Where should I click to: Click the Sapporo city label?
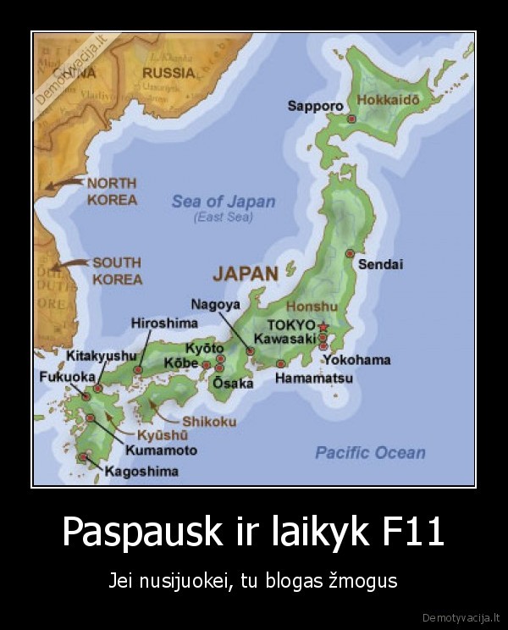pyautogui.click(x=315, y=106)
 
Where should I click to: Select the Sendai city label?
pyautogui.click(x=380, y=264)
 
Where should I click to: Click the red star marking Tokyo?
pyautogui.click(x=323, y=326)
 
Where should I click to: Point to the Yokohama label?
pyautogui.click(x=356, y=360)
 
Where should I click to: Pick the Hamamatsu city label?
pyautogui.click(x=313, y=379)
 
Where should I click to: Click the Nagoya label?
pyautogui.click(x=215, y=304)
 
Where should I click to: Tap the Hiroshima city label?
pyautogui.click(x=164, y=323)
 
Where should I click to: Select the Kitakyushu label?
pyautogui.click(x=102, y=356)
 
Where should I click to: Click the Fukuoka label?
pyautogui.click(x=68, y=377)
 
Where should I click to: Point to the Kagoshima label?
pyautogui.click(x=141, y=471)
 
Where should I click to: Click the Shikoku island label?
pyautogui.click(x=209, y=422)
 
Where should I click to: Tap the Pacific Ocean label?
pyautogui.click(x=370, y=453)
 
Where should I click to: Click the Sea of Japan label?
pyautogui.click(x=224, y=202)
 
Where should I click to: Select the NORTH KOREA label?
pyautogui.click(x=112, y=191)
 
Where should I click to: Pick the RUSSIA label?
pyautogui.click(x=168, y=73)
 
